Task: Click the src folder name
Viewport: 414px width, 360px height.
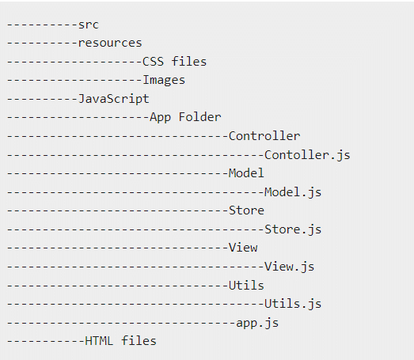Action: coord(89,25)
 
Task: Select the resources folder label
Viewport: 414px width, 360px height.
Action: coord(110,43)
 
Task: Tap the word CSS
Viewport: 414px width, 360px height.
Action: coord(153,62)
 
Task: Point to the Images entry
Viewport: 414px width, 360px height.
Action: coord(164,80)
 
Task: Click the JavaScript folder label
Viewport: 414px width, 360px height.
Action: coord(114,99)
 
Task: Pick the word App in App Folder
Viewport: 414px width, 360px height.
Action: coord(160,117)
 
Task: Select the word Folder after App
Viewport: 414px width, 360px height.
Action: coord(199,117)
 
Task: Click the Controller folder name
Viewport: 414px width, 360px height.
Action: coord(264,136)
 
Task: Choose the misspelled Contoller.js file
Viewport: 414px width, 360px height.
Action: coord(307,155)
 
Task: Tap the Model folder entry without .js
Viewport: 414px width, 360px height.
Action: coord(246,173)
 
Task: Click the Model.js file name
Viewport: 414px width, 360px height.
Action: coord(293,192)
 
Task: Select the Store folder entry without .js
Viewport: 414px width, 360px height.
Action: coord(246,210)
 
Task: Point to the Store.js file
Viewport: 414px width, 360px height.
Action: coord(293,229)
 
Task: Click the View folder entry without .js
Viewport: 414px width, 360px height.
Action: coord(243,248)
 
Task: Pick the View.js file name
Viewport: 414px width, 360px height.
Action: coord(290,267)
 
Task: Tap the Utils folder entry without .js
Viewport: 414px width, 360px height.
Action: coord(246,286)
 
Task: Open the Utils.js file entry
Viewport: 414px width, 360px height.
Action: coord(293,304)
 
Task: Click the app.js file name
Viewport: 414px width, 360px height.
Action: coord(257,323)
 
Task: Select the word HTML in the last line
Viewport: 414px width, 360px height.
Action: coord(99,341)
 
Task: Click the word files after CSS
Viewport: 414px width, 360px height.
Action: coord(189,62)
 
